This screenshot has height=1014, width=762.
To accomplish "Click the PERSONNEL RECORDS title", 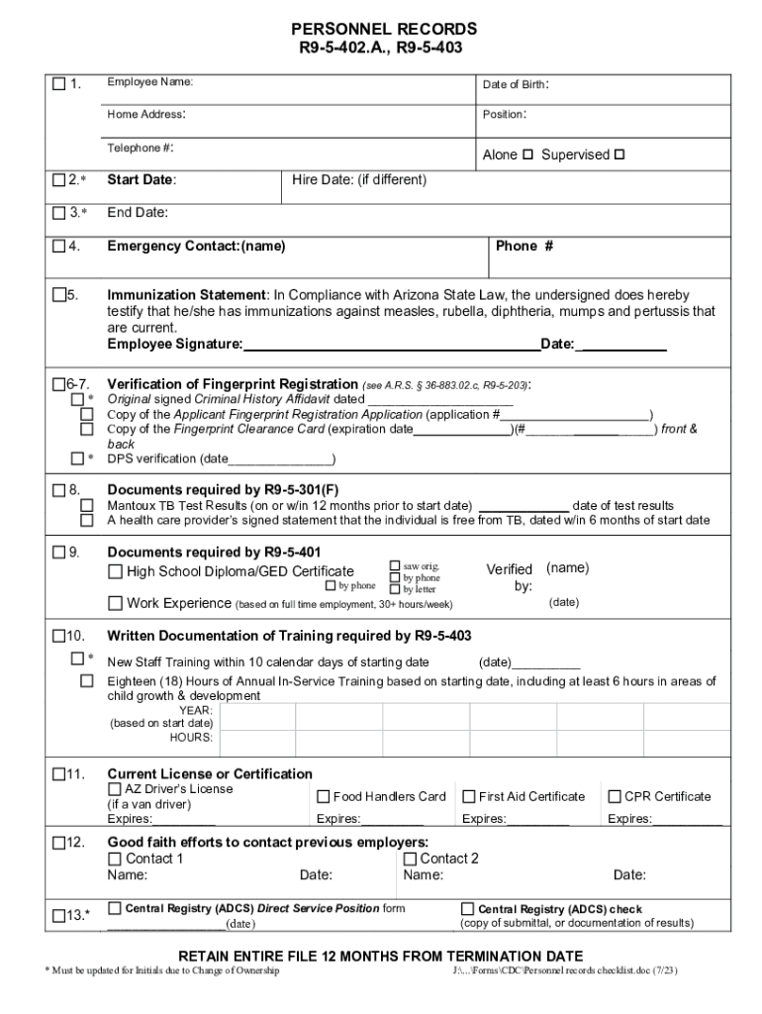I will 381,30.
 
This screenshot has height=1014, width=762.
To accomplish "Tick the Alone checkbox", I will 527,154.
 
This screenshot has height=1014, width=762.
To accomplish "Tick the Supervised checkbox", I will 619,154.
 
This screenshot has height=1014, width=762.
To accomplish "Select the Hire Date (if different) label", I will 359,179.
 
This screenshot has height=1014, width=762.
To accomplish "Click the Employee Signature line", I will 391,345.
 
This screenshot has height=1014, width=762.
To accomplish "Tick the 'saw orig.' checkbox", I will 395,565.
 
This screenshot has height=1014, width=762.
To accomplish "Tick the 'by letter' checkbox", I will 395,589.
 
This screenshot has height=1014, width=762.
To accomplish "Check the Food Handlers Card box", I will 324,796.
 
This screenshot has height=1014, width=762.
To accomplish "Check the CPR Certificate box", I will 615,796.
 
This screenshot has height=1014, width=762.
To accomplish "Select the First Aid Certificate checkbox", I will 469,796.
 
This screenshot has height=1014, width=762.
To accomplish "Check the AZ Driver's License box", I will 115,789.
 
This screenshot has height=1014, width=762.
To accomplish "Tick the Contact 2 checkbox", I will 410,859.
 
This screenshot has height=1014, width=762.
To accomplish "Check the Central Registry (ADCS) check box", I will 468,908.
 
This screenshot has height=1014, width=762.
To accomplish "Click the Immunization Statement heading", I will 186,295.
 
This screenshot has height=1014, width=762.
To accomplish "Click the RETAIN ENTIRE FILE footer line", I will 380,956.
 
